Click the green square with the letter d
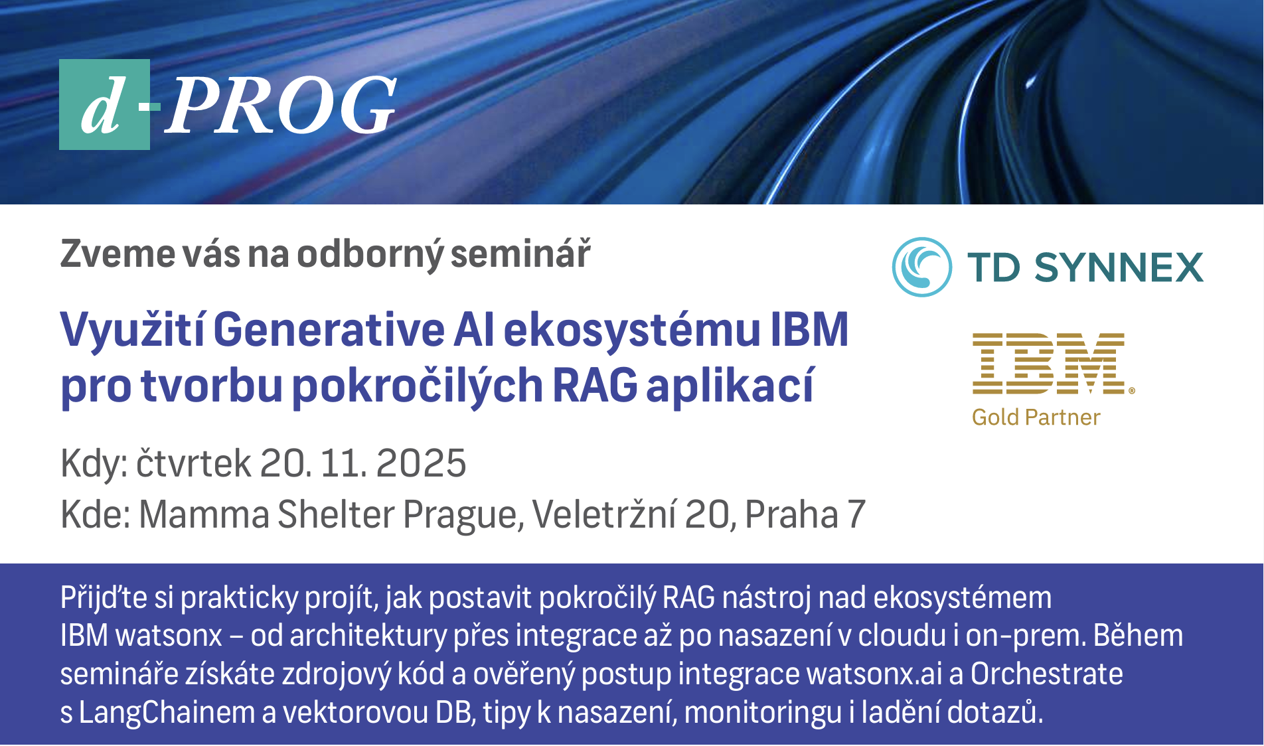(104, 105)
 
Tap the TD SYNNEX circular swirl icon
(922, 267)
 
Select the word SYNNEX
(1119, 267)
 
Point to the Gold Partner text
(1036, 417)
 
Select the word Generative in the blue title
(329, 329)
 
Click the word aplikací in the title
(730, 386)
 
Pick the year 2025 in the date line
(421, 463)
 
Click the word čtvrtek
(194, 463)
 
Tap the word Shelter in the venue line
(336, 514)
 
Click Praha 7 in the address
(805, 514)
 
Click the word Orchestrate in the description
(1047, 674)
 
